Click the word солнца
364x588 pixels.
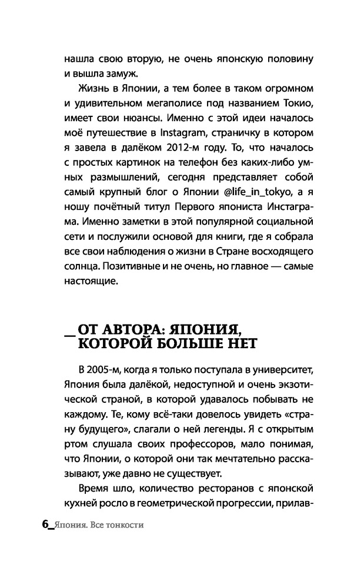point(77,272)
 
